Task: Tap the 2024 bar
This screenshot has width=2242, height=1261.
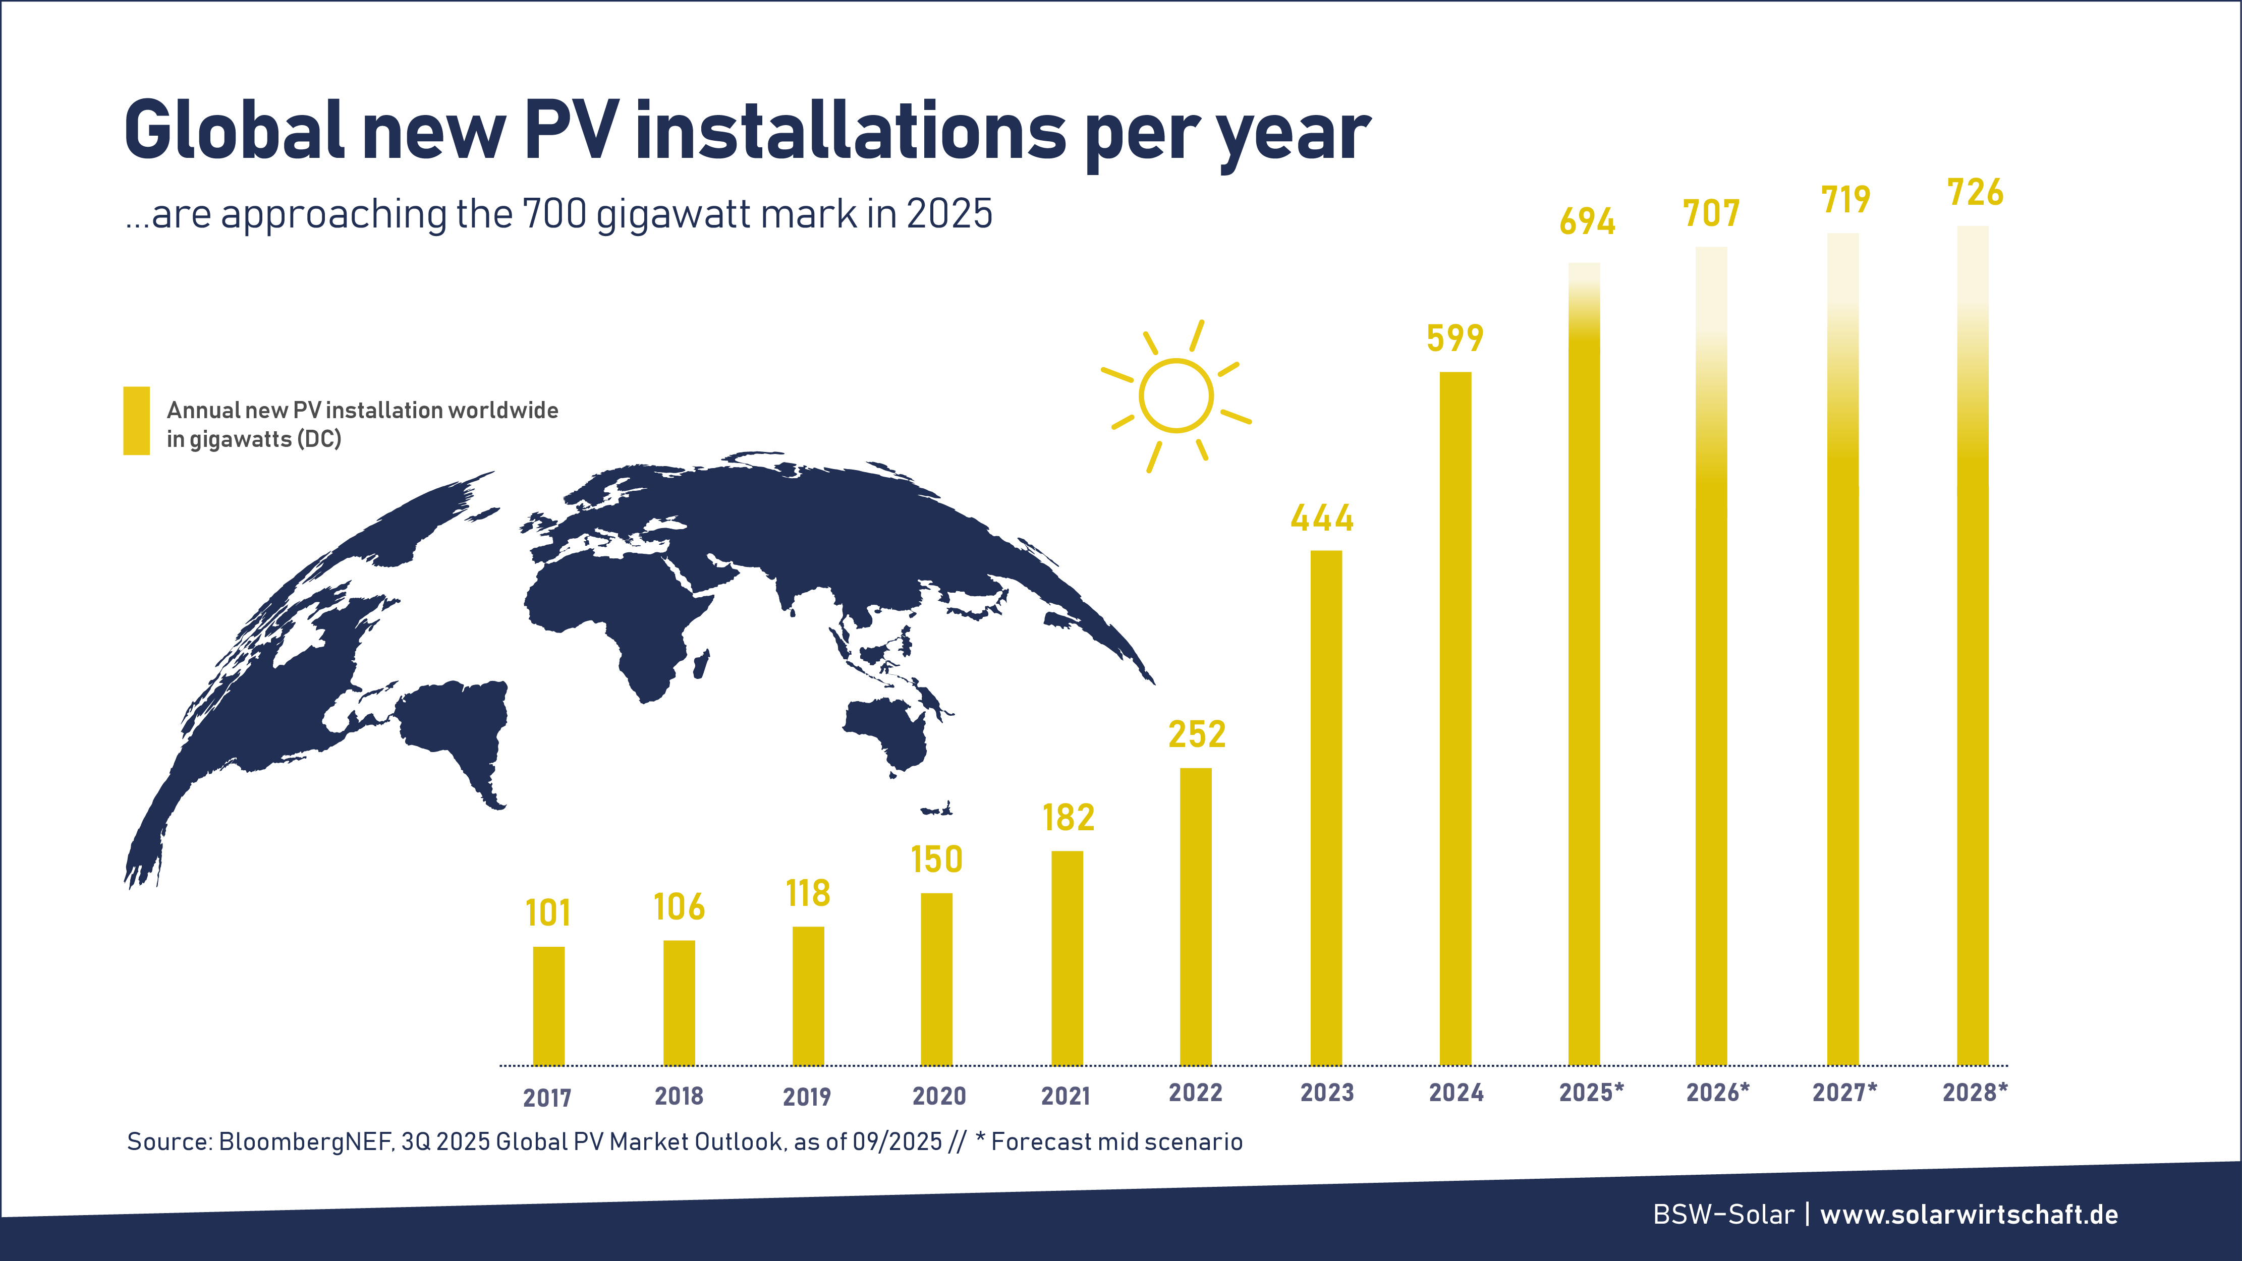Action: (1455, 718)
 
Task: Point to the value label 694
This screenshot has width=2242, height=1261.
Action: (1588, 222)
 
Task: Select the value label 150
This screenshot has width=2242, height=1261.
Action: (936, 860)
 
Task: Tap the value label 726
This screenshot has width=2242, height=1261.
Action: (1975, 192)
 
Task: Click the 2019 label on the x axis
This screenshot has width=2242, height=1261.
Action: (807, 1097)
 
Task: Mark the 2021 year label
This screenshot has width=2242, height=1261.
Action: (1066, 1096)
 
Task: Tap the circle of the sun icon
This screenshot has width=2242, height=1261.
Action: (1176, 396)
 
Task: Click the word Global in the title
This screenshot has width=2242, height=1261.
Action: (235, 131)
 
